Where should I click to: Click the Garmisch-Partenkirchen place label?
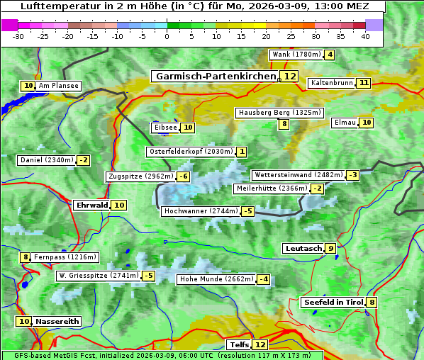(215, 77)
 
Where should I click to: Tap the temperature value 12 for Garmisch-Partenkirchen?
(289, 77)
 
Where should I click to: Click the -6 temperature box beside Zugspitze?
(184, 176)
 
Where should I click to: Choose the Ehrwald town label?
(91, 205)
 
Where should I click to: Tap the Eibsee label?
(164, 128)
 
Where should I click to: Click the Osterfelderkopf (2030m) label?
(191, 152)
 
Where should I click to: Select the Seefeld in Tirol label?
(333, 303)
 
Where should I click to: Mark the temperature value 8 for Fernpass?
(26, 257)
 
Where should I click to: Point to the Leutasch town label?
(303, 248)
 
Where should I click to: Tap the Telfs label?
(238, 345)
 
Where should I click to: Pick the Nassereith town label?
(57, 321)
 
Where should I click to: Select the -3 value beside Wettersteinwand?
(353, 175)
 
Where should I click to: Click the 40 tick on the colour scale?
(365, 36)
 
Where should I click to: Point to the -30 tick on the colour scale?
(18, 36)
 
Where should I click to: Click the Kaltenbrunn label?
(332, 83)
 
